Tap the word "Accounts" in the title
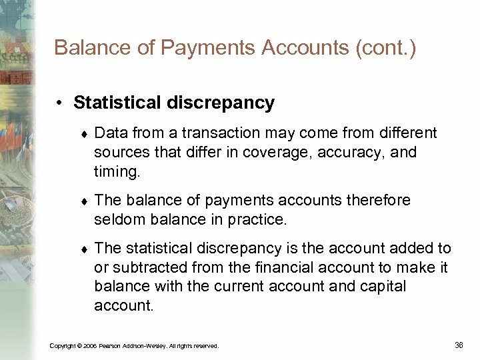(x=289, y=48)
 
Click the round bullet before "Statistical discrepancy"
(x=60, y=103)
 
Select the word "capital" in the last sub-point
(x=382, y=287)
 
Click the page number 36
(x=458, y=345)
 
